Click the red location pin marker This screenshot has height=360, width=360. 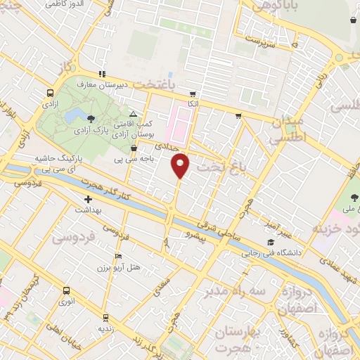(180, 165)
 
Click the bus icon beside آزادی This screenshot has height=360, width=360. (50, 93)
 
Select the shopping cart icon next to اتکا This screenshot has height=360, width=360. (193, 93)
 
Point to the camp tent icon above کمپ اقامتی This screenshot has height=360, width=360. (134, 113)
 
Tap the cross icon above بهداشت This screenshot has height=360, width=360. (87, 200)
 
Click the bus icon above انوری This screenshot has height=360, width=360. (66, 290)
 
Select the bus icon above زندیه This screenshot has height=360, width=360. (105, 317)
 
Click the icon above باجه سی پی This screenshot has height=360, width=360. (134, 148)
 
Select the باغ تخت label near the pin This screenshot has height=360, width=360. (221, 167)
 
